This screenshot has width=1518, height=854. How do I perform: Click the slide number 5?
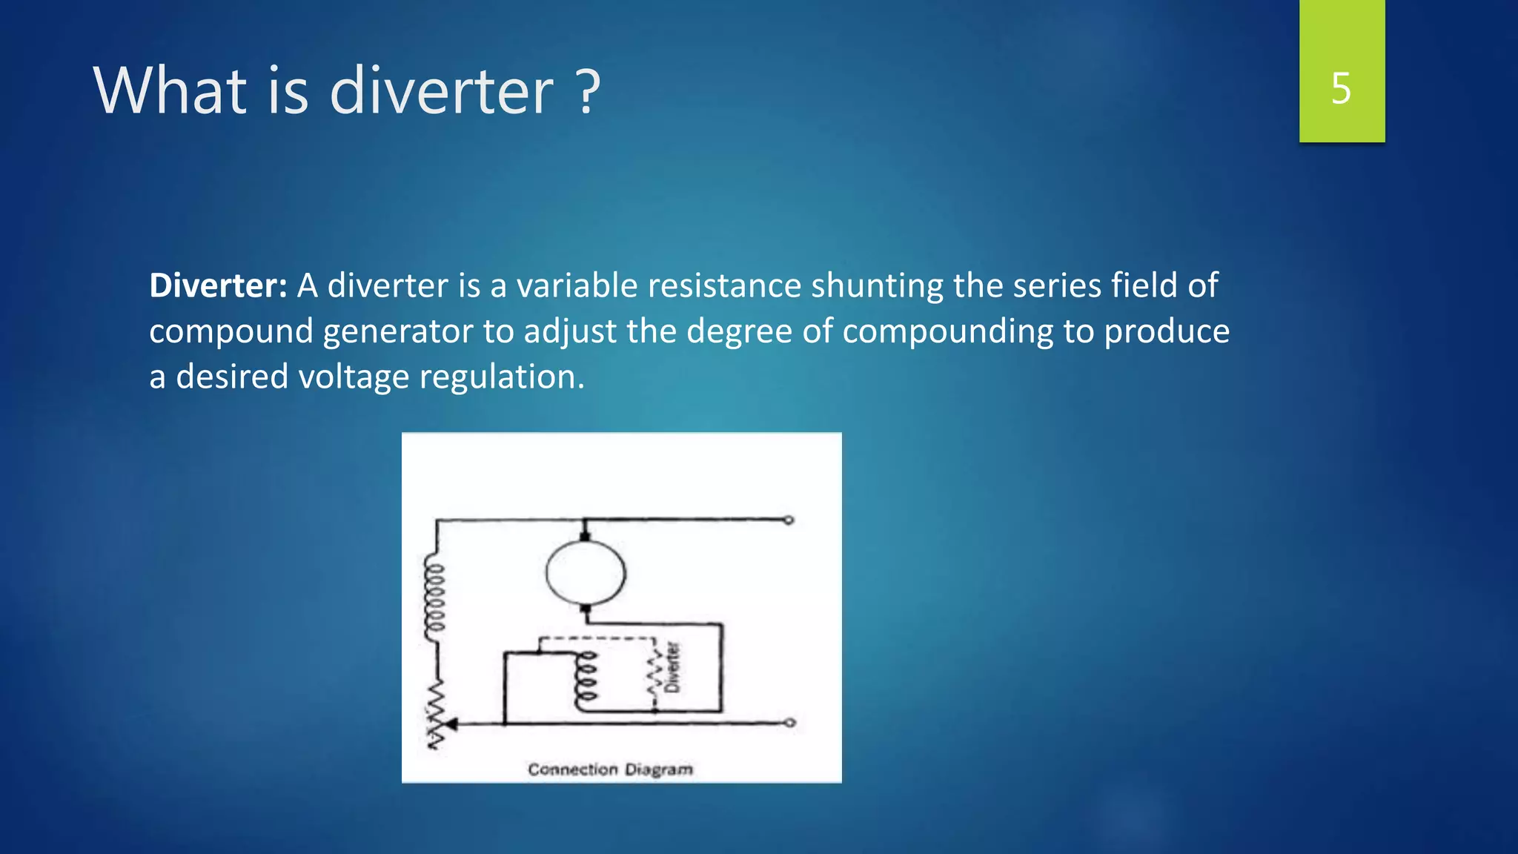pos(1341,89)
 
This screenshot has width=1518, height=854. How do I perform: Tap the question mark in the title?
pos(587,92)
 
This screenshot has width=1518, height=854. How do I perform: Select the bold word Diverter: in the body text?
pos(218,285)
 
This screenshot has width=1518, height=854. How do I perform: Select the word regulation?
pos(502,377)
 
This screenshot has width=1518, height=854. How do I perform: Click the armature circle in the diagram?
pos(586,572)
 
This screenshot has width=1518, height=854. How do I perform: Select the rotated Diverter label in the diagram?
pos(672,666)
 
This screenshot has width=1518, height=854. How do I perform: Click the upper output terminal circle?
pos(789,520)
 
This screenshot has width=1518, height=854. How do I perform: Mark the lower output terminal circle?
pos(790,722)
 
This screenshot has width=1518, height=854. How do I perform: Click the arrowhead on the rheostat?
pos(450,724)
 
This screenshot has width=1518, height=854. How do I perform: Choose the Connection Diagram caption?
pos(610,769)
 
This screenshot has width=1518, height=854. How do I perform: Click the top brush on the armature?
pos(585,534)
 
